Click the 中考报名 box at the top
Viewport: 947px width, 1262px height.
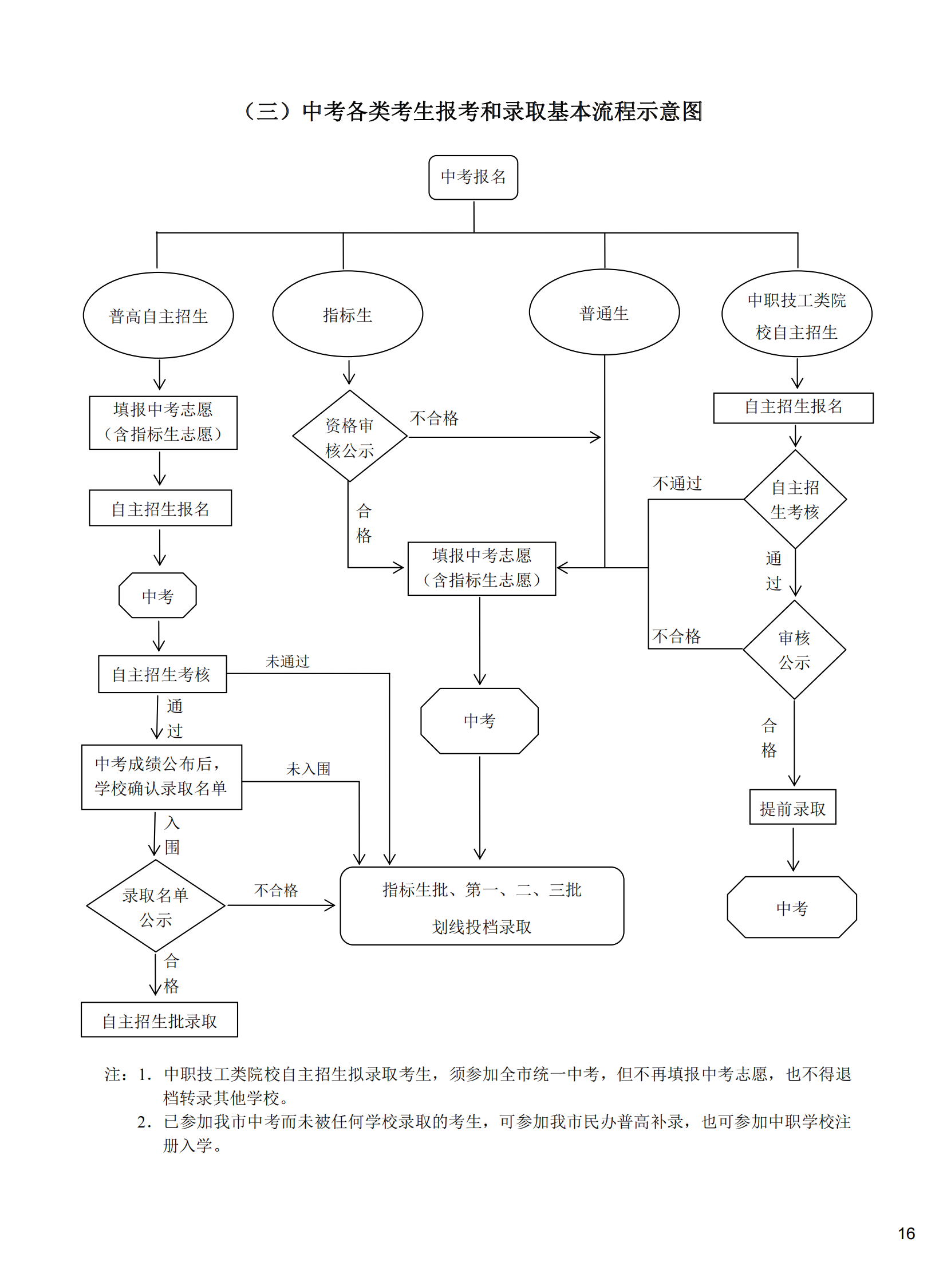pyautogui.click(x=473, y=177)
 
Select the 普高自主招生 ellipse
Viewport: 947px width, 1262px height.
pyautogui.click(x=159, y=315)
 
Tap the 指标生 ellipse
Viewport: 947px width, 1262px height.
pyautogui.click(x=348, y=314)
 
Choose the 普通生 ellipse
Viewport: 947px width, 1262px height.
pyautogui.click(x=604, y=312)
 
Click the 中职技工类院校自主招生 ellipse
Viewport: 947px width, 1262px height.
pyautogui.click(x=796, y=314)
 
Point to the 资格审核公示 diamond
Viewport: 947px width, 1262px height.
pyautogui.click(x=349, y=437)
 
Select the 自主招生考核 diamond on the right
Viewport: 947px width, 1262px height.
pyautogui.click(x=795, y=499)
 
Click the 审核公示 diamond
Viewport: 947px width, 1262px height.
pyautogui.click(x=794, y=650)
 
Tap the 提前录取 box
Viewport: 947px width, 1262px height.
pyautogui.click(x=792, y=808)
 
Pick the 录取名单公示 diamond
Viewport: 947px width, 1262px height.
pyautogui.click(x=156, y=906)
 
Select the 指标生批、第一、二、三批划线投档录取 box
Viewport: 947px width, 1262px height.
pyautogui.click(x=482, y=906)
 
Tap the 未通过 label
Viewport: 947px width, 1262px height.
pyautogui.click(x=287, y=662)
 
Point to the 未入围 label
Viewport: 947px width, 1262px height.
pyautogui.click(x=309, y=769)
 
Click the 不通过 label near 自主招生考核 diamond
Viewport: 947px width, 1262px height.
pyautogui.click(x=677, y=484)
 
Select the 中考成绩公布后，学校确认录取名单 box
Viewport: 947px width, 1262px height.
pyautogui.click(x=161, y=777)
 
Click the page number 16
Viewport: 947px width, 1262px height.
pyautogui.click(x=906, y=1233)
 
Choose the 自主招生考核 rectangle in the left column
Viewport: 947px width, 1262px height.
pyautogui.click(x=162, y=674)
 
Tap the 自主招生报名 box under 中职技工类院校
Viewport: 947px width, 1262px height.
pyautogui.click(x=793, y=408)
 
